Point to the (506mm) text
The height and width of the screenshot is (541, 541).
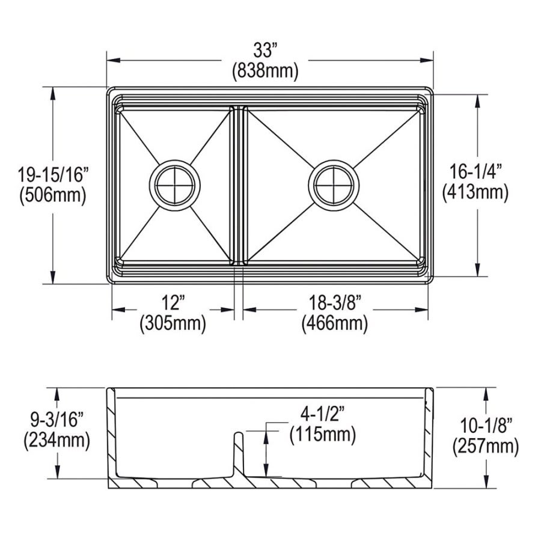(x=53, y=194)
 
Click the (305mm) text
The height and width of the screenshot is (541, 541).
(x=173, y=324)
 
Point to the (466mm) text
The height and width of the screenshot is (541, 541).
(x=334, y=324)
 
